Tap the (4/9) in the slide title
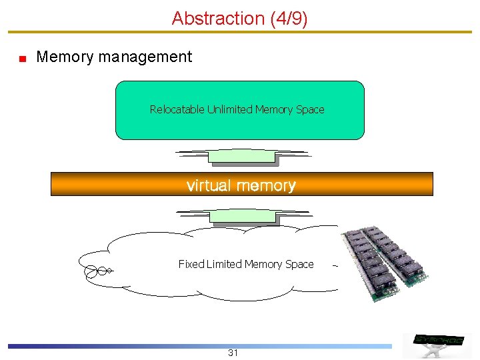click(289, 18)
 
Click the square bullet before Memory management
click(22, 59)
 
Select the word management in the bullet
click(145, 57)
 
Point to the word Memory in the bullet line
click(65, 57)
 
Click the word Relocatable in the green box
click(177, 109)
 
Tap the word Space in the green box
click(310, 109)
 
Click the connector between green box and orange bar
click(241, 157)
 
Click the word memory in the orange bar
click(269, 185)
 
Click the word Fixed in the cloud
click(191, 264)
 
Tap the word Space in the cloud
click(299, 264)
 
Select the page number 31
click(233, 353)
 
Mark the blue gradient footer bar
click(200, 346)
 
